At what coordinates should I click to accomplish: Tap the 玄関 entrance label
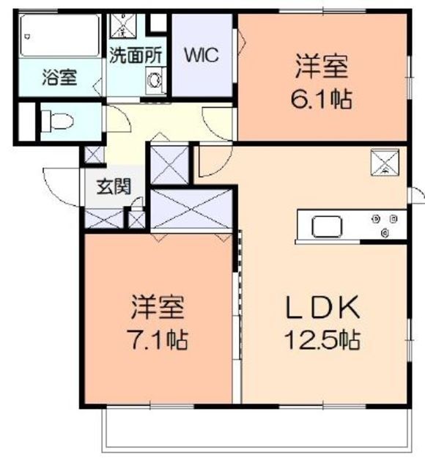click(x=114, y=187)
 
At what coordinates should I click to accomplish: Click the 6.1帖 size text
click(x=321, y=99)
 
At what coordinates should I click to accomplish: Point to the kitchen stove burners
click(x=385, y=224)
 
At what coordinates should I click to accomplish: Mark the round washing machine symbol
click(x=155, y=81)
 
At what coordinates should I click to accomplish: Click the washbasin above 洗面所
click(x=119, y=27)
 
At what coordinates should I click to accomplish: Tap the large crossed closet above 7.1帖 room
click(x=192, y=211)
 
